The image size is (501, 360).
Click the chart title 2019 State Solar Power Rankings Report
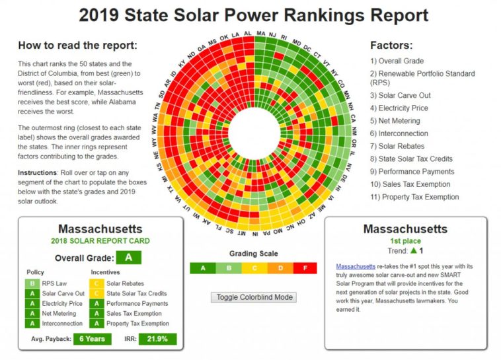tap(253, 15)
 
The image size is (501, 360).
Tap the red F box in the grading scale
tap(305, 268)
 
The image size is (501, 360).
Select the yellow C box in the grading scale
tap(254, 268)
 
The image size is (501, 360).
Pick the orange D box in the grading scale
tap(280, 268)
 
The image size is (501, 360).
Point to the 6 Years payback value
tap(92, 339)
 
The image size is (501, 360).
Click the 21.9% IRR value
tap(157, 339)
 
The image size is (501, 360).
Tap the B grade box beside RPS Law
tap(32, 283)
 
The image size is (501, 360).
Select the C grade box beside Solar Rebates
tap(96, 283)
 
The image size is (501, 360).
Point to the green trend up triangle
tap(413, 251)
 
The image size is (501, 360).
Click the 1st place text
tap(405, 241)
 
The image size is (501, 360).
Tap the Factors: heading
tap(391, 46)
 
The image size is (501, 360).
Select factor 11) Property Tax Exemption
tap(414, 197)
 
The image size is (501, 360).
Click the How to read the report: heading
tap(77, 46)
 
